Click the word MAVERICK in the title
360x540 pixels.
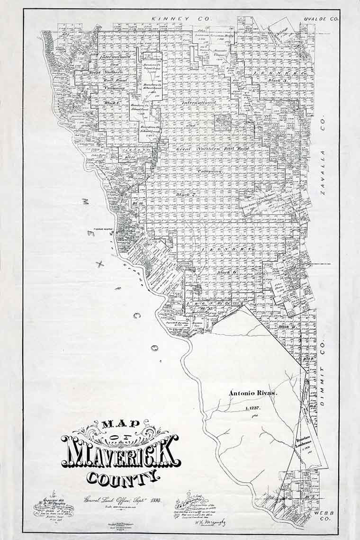pyautogui.click(x=120, y=450)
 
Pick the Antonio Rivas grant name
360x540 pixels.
pyautogui.click(x=249, y=393)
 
